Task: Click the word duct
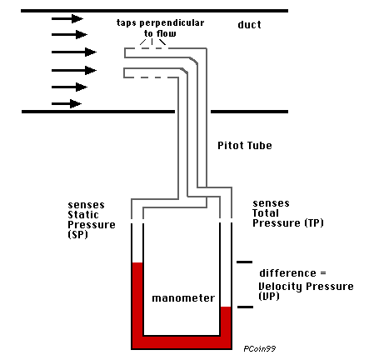(x=249, y=25)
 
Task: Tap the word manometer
(x=183, y=297)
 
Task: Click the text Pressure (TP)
(x=287, y=223)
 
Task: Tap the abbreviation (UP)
(x=268, y=297)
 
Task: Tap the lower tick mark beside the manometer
(x=245, y=308)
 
